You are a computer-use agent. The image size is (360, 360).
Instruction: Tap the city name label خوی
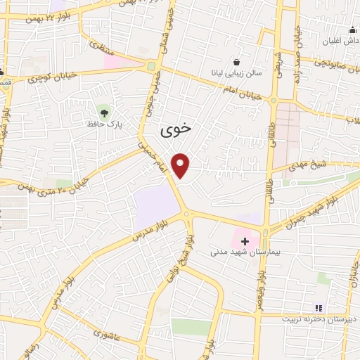point(175,130)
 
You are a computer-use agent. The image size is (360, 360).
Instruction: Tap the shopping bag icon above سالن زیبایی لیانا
point(235,61)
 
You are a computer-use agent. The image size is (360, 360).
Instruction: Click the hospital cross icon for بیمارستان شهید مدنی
point(244,241)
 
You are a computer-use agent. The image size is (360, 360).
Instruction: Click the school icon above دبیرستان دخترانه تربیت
point(318,308)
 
